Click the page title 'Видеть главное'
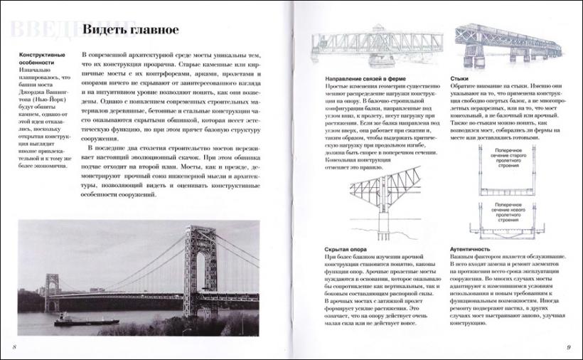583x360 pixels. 131,30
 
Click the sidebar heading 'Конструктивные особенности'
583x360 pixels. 40,58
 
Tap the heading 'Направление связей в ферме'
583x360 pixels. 355,77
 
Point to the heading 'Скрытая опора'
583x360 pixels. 345,249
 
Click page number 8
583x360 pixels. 14,346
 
